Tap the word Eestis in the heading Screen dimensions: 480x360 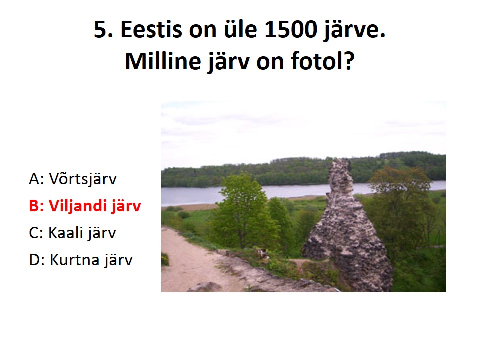(152, 29)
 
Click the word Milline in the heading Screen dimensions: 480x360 (163, 61)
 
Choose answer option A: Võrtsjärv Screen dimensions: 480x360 (73, 179)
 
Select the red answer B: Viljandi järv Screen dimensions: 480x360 (85, 205)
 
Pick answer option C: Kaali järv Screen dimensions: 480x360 (73, 232)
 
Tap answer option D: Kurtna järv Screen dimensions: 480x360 (81, 260)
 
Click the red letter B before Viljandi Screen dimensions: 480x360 (35, 205)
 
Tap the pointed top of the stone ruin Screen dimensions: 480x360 (340, 161)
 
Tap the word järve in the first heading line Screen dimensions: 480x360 (354, 30)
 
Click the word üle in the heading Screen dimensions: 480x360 (240, 29)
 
